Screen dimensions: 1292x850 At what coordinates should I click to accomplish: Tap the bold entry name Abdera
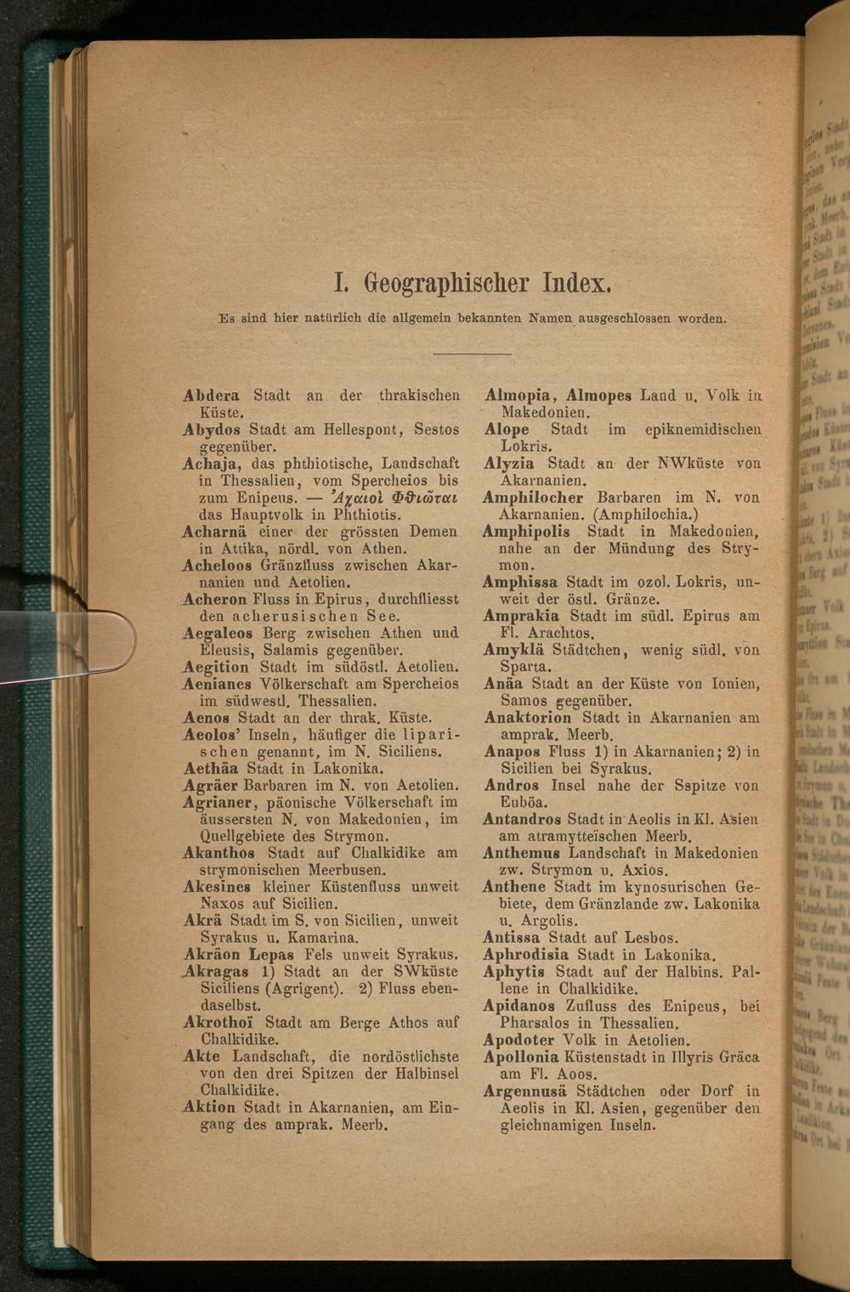coord(211,395)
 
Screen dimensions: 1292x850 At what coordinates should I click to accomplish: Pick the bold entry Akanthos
coord(218,853)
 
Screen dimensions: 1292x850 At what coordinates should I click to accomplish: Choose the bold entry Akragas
coord(218,972)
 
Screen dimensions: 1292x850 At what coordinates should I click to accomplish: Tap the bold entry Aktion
coord(209,1108)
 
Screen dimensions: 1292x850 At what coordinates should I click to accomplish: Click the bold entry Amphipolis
coord(526,531)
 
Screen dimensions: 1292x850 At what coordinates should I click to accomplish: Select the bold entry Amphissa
coord(520,582)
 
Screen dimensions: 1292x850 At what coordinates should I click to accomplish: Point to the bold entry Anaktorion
coord(527,718)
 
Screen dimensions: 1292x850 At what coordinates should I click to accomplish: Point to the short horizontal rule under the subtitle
coord(476,353)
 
